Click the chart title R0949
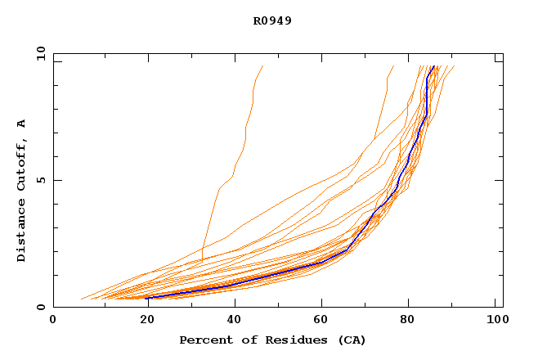coord(272,21)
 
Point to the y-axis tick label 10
coord(40,54)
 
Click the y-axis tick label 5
coord(40,180)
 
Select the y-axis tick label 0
coord(40,307)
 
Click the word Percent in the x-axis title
coord(203,340)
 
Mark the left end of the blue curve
coord(147,297)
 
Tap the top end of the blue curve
coord(433,67)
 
